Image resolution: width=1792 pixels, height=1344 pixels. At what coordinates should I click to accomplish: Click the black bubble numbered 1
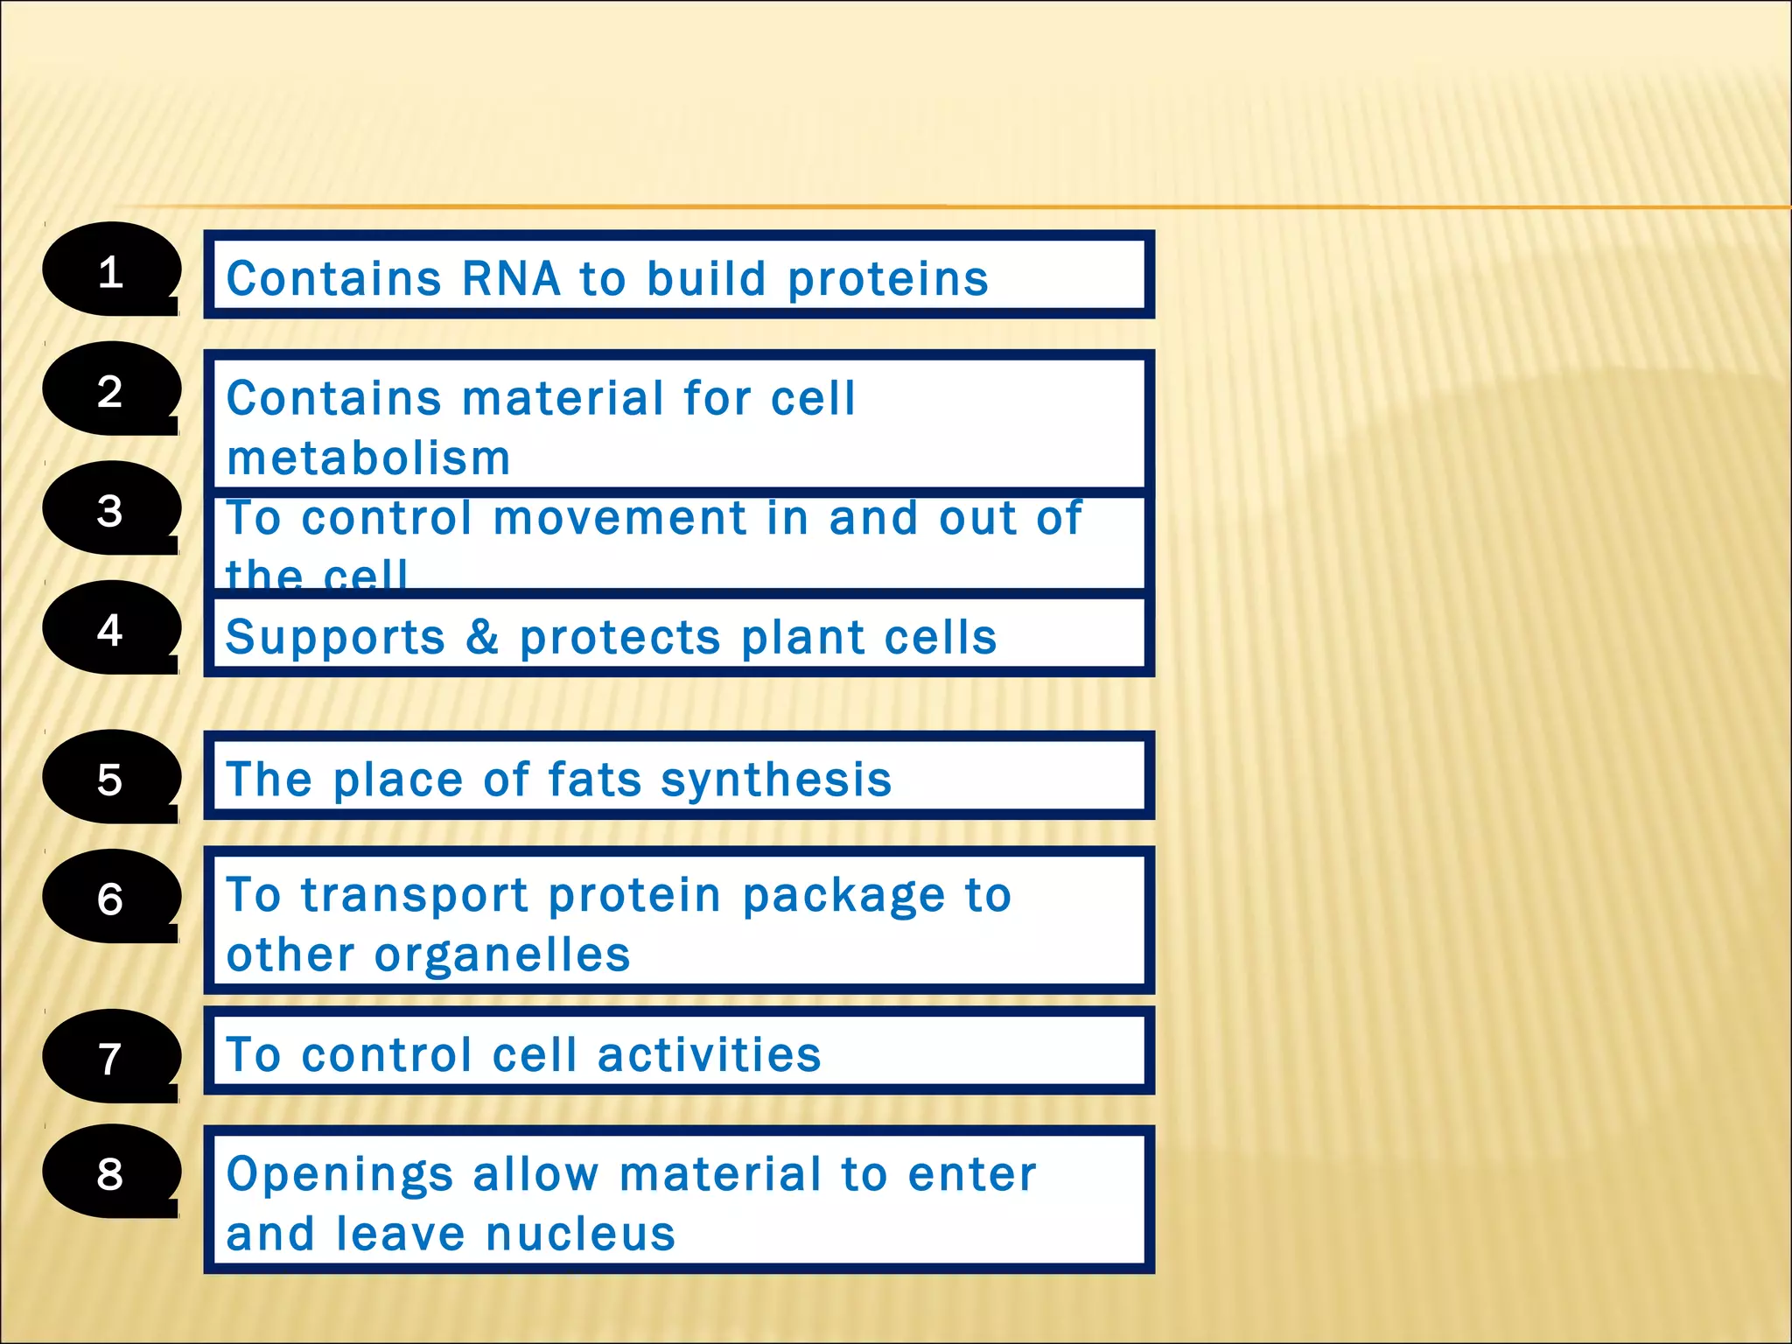click(x=110, y=270)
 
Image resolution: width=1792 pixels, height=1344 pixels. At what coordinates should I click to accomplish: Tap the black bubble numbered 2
click(x=110, y=389)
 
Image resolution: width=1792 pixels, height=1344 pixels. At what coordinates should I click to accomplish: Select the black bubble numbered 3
click(x=110, y=509)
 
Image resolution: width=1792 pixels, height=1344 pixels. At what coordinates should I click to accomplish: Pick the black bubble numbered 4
click(x=110, y=628)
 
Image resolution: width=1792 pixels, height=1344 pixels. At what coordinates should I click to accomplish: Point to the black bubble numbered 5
click(x=110, y=778)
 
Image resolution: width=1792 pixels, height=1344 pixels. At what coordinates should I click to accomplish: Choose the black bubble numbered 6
click(x=110, y=897)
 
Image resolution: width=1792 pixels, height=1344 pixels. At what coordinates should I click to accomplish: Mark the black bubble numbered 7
click(x=110, y=1057)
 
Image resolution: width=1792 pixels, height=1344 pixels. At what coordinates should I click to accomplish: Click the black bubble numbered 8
click(x=110, y=1172)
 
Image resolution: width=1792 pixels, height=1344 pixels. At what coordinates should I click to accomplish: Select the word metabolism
click(x=368, y=458)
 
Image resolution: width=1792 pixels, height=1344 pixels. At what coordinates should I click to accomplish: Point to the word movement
click(x=619, y=518)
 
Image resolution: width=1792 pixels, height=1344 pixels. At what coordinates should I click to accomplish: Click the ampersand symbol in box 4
click(x=482, y=636)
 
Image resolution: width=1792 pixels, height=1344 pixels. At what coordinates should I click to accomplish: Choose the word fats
click(x=595, y=779)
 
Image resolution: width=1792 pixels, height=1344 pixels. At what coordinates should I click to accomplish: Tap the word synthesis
click(x=775, y=780)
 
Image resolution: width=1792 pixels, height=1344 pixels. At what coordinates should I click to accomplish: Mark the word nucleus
click(x=580, y=1235)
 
